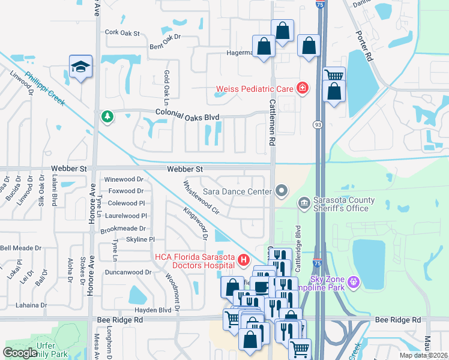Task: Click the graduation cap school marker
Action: coord(80,67)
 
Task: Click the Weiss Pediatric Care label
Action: coord(255,89)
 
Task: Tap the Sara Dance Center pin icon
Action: coord(282,191)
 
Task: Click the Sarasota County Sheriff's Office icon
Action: coord(304,204)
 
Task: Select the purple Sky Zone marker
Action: coord(354,280)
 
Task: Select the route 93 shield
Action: coord(316,124)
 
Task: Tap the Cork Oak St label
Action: coord(122,33)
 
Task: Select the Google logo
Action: coord(20,353)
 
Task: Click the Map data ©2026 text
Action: coord(423,355)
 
